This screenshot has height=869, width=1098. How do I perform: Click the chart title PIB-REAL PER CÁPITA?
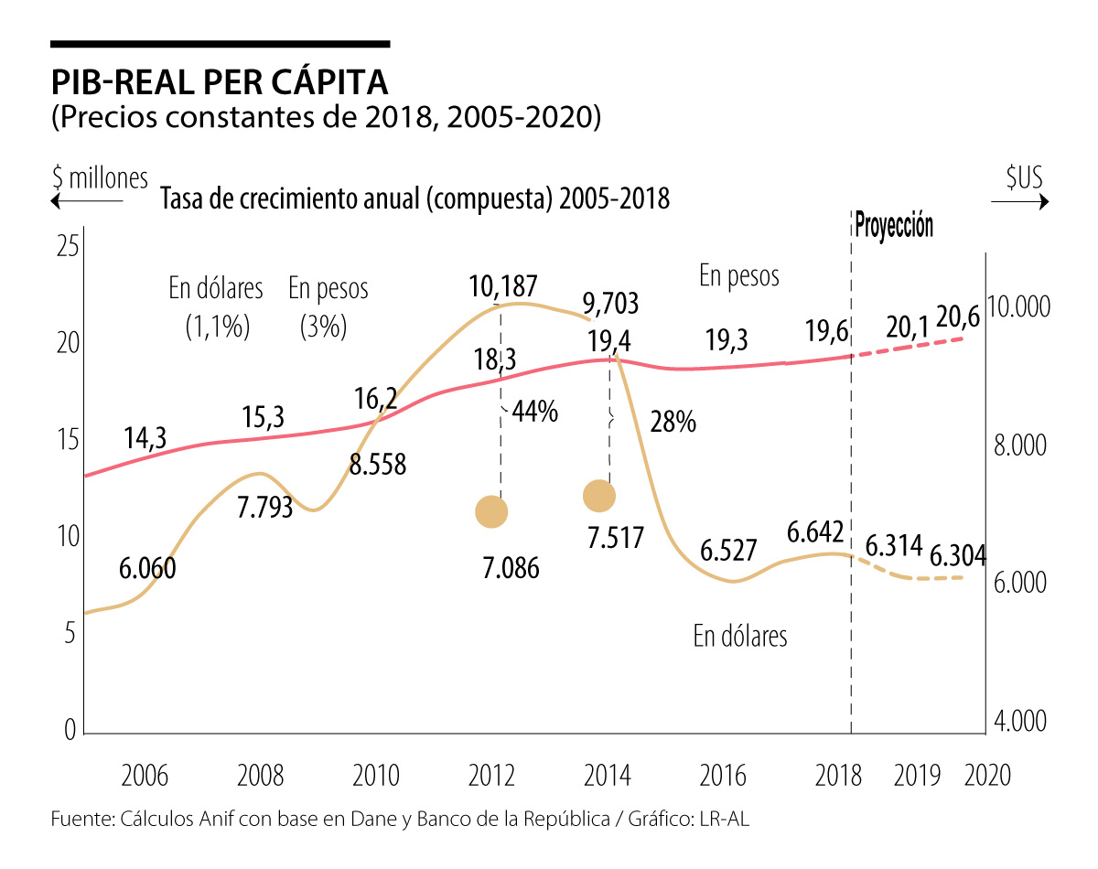click(x=220, y=81)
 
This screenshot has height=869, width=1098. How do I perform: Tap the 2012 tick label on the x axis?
click(x=491, y=776)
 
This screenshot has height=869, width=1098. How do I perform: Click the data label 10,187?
click(x=503, y=286)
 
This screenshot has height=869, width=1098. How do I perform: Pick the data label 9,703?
click(x=610, y=303)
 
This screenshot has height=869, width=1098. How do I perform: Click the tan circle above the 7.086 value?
click(x=491, y=511)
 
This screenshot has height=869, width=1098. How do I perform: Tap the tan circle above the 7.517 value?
click(x=599, y=496)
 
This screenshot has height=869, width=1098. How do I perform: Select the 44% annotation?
click(x=534, y=413)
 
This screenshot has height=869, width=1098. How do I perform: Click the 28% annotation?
click(x=673, y=422)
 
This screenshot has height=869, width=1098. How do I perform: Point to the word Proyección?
click(x=894, y=225)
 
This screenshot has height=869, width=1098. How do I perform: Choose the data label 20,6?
click(x=958, y=317)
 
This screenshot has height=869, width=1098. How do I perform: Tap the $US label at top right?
click(x=1024, y=178)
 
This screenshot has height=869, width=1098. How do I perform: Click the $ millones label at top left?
click(x=100, y=177)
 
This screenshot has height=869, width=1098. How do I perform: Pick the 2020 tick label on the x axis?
click(x=987, y=776)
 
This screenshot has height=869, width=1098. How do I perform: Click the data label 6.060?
click(x=147, y=568)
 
